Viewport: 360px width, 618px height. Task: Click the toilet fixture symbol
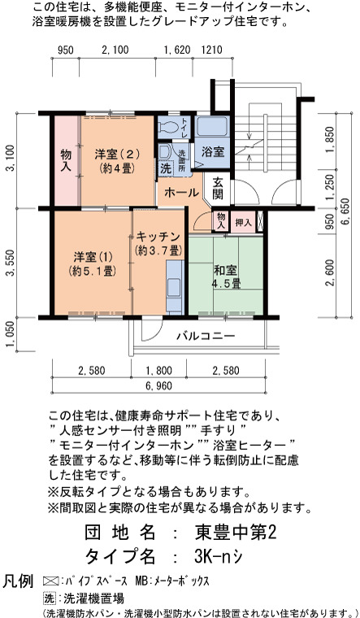point(168,127)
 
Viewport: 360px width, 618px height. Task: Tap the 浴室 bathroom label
point(213,152)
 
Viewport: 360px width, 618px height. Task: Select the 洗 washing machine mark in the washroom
point(166,169)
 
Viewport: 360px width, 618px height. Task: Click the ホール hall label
point(181,193)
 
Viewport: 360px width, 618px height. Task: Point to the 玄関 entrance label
point(218,188)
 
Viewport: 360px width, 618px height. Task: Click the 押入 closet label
point(244,222)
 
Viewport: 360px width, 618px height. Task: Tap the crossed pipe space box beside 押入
point(259,222)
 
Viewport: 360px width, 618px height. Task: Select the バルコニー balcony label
point(206,336)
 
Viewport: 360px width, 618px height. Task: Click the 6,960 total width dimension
point(158,386)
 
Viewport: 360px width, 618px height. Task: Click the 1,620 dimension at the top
point(177,50)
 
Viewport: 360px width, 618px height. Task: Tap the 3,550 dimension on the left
point(12,263)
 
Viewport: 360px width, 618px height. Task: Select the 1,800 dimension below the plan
point(158,371)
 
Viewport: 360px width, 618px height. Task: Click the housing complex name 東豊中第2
point(236,533)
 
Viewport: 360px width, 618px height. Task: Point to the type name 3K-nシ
point(218,556)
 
